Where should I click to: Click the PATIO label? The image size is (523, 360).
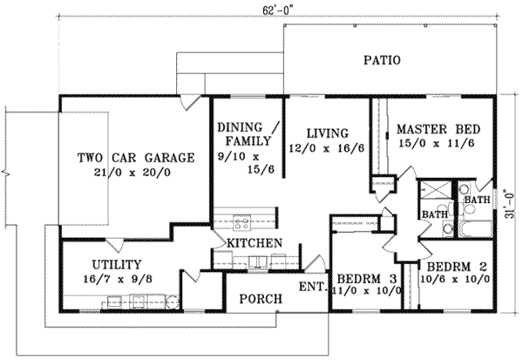coord(382,61)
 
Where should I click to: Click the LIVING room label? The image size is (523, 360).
coord(327,133)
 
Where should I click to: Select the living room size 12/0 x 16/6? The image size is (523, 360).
coord(327,148)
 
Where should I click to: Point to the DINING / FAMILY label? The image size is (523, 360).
coord(248,132)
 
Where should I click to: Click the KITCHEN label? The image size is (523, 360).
coord(254,241)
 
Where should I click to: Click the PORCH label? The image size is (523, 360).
coord(261,299)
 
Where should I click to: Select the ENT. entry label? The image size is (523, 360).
coord(313,285)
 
